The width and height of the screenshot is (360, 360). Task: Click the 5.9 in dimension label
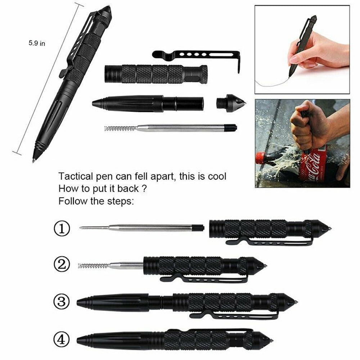click(x=37, y=43)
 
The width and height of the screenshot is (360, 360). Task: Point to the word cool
click(x=216, y=177)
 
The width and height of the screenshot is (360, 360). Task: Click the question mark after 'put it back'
click(x=144, y=189)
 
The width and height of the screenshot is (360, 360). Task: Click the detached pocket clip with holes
click(x=196, y=56)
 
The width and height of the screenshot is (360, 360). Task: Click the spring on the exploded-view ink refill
click(x=119, y=128)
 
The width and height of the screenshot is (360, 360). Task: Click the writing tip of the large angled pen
click(x=34, y=159)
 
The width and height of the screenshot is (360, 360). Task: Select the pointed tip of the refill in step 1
click(x=82, y=228)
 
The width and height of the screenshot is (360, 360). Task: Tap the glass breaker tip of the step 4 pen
click(x=268, y=340)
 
